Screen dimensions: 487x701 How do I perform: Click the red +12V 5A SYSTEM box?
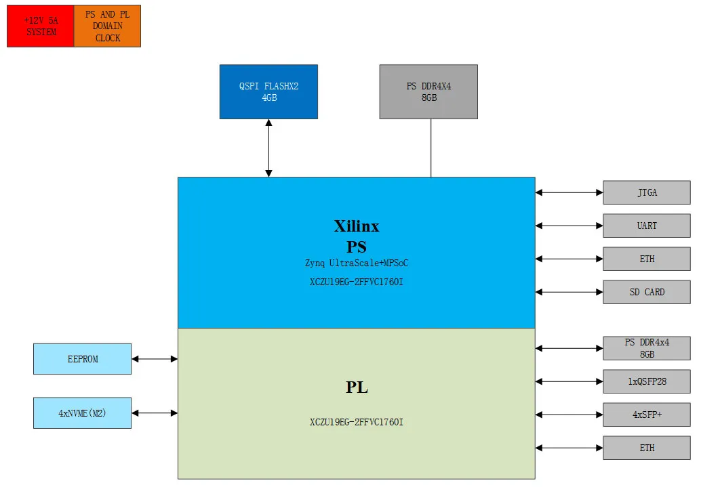tap(40, 26)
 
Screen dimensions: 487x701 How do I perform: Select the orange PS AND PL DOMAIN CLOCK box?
tap(107, 26)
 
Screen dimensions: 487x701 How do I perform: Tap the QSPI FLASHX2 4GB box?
tap(268, 92)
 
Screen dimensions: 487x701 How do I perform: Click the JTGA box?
tap(646, 193)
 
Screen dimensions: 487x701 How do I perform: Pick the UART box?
tap(646, 226)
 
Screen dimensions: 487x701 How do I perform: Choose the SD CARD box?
tap(646, 293)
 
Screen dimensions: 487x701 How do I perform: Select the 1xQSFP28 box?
tap(646, 382)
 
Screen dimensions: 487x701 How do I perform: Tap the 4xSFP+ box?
tap(646, 415)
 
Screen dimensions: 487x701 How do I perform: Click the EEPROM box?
tap(82, 359)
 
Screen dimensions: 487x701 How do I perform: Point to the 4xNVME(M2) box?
tap(82, 413)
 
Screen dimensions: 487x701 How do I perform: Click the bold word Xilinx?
tap(357, 226)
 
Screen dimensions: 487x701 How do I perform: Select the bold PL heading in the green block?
tap(357, 387)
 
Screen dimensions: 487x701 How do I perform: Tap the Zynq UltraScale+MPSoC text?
tap(357, 263)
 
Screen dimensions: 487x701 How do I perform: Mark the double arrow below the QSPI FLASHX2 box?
tap(268, 148)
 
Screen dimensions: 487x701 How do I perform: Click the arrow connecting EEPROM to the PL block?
tap(155, 359)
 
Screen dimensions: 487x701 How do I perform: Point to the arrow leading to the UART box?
tap(569, 226)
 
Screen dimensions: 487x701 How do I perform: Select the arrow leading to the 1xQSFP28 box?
tap(569, 382)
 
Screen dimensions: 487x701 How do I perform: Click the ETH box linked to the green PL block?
tap(646, 448)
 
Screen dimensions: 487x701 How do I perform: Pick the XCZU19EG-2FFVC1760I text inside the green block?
tap(357, 423)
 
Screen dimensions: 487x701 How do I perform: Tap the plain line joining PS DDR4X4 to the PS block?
tap(431, 148)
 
